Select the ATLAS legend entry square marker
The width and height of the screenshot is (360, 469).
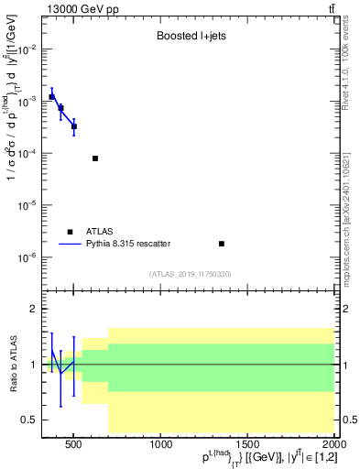71,232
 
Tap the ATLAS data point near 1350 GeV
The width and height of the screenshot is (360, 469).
222,244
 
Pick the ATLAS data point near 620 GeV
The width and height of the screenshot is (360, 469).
95,158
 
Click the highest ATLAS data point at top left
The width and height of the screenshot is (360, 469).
52,96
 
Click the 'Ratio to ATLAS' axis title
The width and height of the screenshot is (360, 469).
13,364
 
